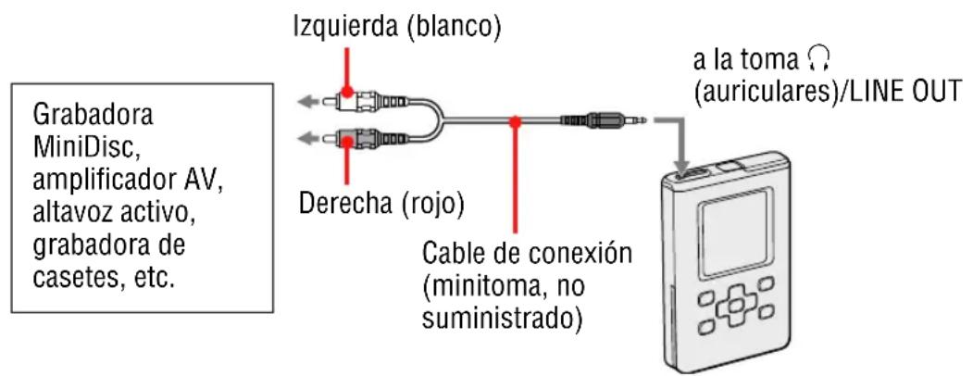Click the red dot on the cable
[516, 120]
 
